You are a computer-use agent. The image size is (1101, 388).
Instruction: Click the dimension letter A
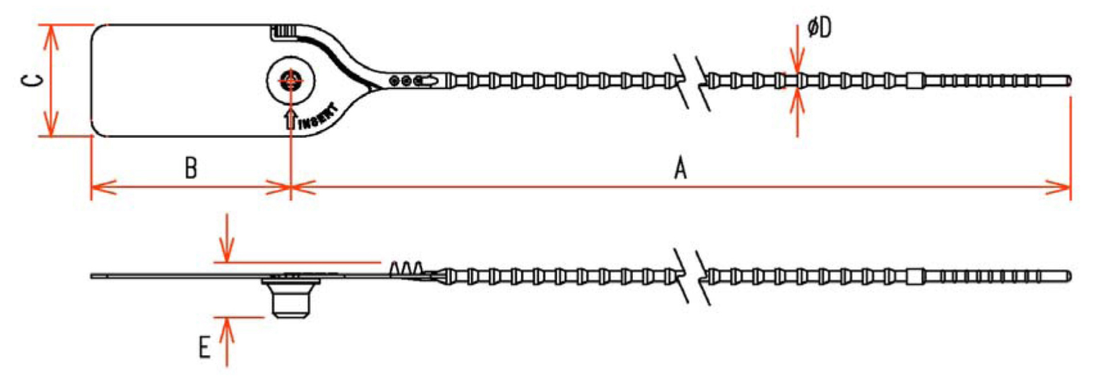(x=680, y=168)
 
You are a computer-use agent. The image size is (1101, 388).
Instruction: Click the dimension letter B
(x=191, y=168)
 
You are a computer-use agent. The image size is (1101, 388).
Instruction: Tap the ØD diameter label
(x=820, y=28)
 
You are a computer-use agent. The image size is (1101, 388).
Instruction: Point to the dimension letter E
(x=204, y=347)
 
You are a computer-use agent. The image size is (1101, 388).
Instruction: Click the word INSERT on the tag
(x=318, y=117)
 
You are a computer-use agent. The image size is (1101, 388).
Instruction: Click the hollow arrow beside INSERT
(x=291, y=118)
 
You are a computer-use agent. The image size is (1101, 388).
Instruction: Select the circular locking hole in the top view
(x=291, y=81)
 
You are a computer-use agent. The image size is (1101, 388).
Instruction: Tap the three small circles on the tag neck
(x=406, y=81)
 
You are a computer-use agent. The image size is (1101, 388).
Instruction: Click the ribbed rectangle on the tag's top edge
(x=284, y=32)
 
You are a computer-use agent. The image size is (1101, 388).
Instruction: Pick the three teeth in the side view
(x=406, y=269)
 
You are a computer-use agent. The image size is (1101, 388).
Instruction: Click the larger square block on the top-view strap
(x=915, y=81)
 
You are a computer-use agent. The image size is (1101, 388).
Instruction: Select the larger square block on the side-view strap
(x=915, y=276)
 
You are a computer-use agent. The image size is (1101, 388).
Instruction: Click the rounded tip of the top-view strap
(x=1068, y=81)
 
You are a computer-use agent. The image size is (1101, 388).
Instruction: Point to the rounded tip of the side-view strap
(x=1068, y=276)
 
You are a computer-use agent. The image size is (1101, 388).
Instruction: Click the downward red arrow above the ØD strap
(x=797, y=49)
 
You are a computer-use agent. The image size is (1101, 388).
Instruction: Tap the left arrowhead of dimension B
(x=104, y=187)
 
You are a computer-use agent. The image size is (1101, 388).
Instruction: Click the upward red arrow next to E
(x=226, y=342)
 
